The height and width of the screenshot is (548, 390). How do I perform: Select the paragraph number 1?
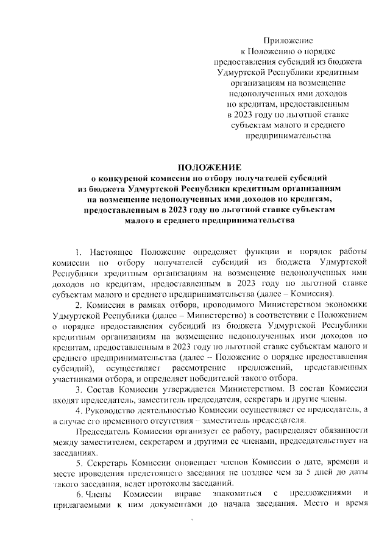pyautogui.click(x=76, y=251)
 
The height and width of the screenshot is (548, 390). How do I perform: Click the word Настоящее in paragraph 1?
pyautogui.click(x=111, y=251)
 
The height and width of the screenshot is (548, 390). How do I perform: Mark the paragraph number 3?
pyautogui.click(x=76, y=390)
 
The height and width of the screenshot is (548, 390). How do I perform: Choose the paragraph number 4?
pyautogui.click(x=76, y=411)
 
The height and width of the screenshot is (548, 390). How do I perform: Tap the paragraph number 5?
pyautogui.click(x=76, y=464)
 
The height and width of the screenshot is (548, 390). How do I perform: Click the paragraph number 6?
pyautogui.click(x=76, y=497)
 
